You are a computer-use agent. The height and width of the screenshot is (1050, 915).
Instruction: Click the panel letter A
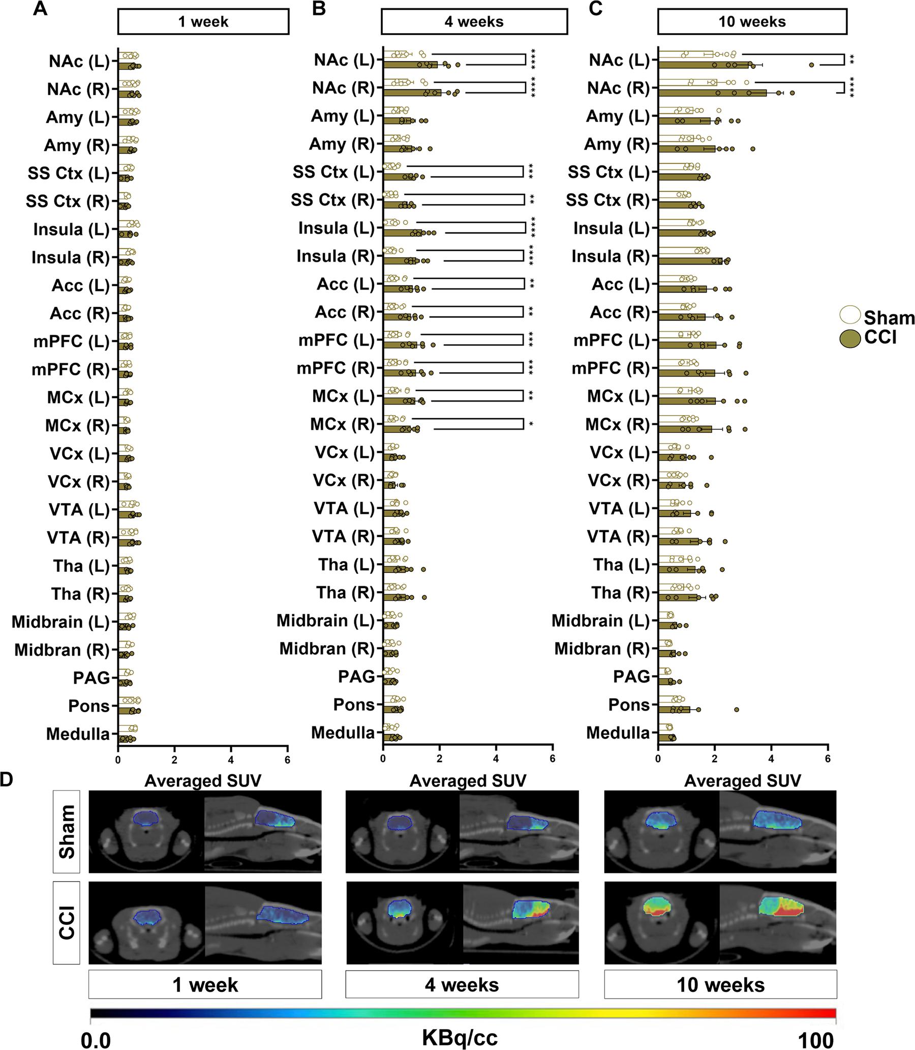(40, 10)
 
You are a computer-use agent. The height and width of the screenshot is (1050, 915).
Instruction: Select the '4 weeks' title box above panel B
(474, 22)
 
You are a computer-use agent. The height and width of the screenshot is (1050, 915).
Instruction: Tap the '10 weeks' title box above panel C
(752, 22)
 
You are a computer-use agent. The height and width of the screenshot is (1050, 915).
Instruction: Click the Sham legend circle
(850, 315)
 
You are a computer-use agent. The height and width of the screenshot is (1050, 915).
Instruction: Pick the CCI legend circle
(850, 338)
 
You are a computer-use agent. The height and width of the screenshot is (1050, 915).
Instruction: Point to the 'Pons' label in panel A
(89, 706)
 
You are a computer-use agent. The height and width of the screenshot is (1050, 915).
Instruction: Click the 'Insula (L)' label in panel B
(337, 228)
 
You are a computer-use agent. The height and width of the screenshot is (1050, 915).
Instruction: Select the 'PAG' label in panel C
(631, 677)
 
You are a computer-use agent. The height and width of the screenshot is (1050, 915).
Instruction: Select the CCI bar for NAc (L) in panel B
(410, 65)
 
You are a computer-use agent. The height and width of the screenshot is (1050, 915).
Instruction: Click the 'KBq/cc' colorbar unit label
(460, 1037)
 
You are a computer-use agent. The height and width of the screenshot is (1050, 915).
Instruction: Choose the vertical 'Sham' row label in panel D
(67, 831)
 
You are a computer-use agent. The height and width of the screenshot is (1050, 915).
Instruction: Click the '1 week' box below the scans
(205, 984)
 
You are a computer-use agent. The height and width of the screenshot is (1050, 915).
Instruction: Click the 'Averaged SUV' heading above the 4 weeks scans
(467, 781)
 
